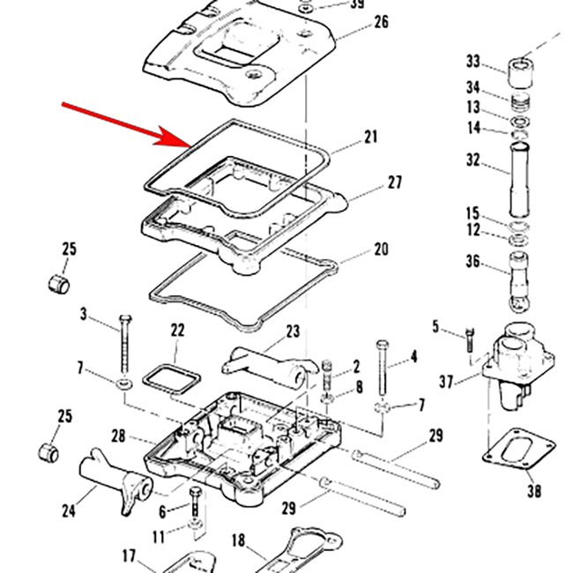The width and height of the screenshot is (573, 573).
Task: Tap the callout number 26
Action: click(380, 22)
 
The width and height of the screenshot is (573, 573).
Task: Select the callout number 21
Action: click(370, 137)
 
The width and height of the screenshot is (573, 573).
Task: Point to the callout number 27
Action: click(394, 182)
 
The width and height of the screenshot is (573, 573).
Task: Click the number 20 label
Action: click(380, 249)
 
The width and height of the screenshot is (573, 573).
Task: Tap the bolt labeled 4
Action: click(382, 370)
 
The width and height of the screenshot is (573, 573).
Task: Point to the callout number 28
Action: click(119, 435)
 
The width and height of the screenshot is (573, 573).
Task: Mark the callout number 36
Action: click(473, 261)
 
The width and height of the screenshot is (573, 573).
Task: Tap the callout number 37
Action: click(446, 383)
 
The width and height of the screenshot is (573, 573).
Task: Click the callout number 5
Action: click(435, 327)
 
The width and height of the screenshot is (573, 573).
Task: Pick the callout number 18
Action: click(238, 540)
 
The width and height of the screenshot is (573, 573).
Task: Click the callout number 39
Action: click(357, 4)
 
